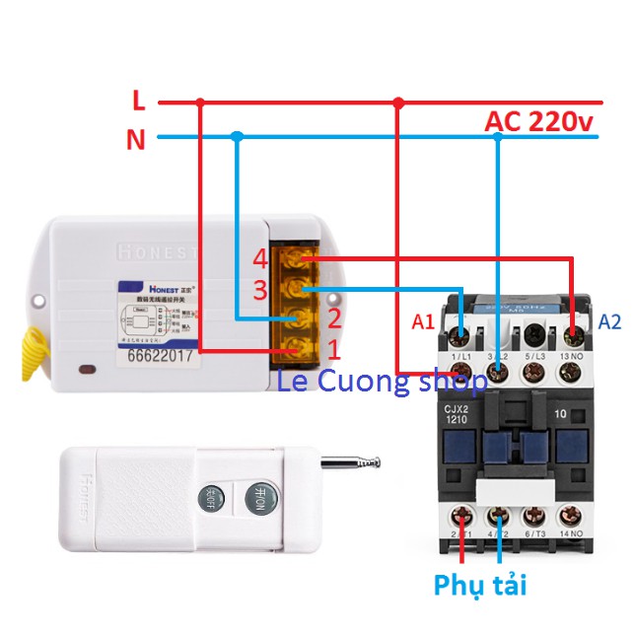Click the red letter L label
(x=139, y=100)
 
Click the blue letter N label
(x=136, y=140)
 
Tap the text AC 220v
(x=539, y=122)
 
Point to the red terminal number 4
(x=259, y=259)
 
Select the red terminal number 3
(x=259, y=290)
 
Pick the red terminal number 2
(x=333, y=318)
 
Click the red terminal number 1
(x=333, y=349)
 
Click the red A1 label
(x=423, y=322)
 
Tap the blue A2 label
(x=608, y=322)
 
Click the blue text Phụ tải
(x=480, y=585)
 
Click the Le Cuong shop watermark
(x=382, y=381)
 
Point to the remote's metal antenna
(x=350, y=461)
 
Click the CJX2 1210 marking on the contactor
(x=456, y=413)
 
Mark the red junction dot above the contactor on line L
(x=398, y=102)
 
